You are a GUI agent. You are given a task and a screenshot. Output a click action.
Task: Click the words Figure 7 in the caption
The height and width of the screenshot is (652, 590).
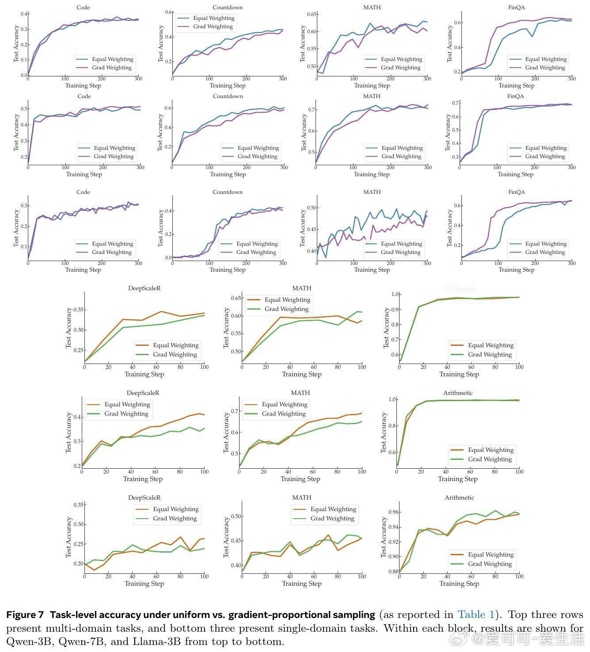25,615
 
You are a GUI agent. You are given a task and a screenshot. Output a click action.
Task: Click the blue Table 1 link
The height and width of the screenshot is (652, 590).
476,615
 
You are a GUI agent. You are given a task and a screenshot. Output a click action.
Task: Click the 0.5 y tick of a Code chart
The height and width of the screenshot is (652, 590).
23,109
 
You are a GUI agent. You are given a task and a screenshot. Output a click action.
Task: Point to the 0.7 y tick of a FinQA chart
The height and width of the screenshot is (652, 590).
455,103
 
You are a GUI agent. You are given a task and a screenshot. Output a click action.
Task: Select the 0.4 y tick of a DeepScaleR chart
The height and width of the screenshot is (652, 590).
76,417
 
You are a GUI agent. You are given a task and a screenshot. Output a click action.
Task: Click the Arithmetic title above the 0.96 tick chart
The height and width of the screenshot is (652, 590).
459,498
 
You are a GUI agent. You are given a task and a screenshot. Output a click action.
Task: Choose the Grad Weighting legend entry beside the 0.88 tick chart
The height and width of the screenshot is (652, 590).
490,564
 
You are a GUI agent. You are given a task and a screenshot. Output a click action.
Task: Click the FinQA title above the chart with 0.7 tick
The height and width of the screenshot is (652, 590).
515,96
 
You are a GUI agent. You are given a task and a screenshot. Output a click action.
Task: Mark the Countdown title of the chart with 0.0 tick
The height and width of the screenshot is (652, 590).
228,192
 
